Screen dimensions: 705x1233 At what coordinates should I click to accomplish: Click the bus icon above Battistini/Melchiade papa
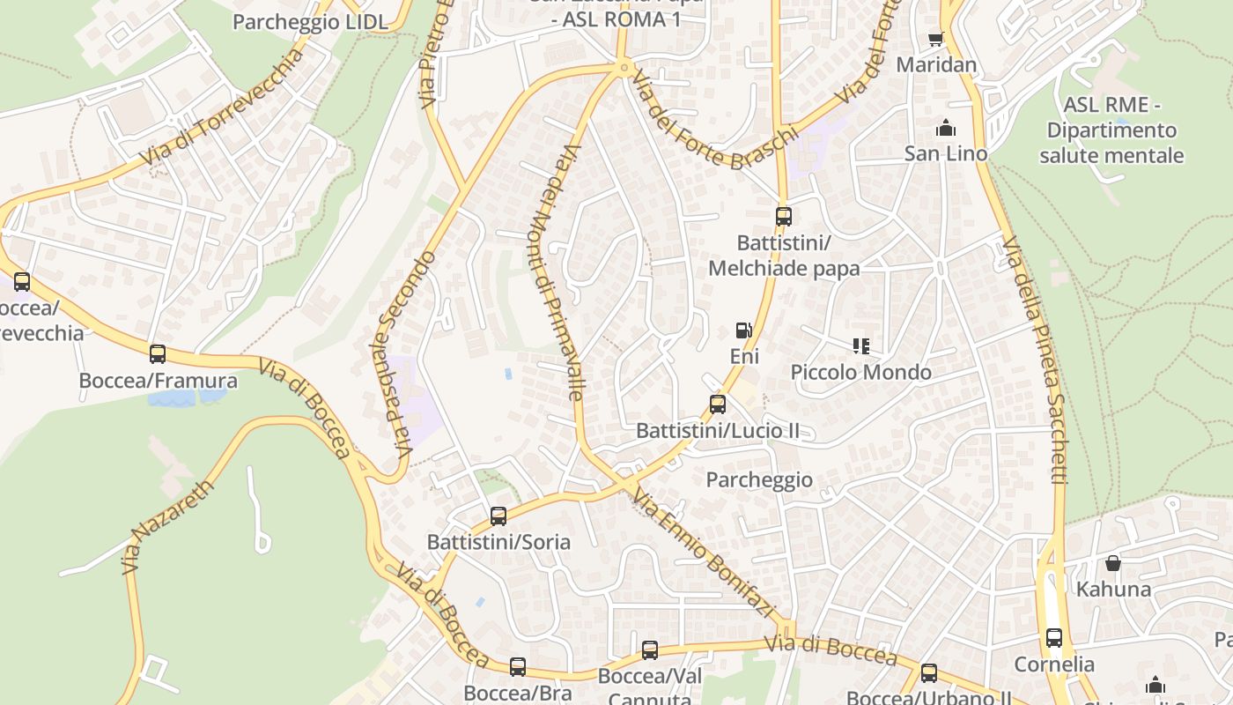[783, 216]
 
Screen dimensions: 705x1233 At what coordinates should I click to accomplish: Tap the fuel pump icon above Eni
[744, 330]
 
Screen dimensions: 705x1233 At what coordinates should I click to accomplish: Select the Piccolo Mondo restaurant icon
[860, 346]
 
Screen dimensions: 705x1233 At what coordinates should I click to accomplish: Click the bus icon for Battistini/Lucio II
[718, 404]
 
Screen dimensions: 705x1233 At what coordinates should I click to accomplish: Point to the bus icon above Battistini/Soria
[498, 516]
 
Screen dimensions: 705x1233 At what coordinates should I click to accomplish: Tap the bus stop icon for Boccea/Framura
[158, 354]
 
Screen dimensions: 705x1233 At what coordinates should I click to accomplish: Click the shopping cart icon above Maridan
[935, 39]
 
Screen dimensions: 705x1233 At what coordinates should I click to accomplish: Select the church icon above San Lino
[946, 129]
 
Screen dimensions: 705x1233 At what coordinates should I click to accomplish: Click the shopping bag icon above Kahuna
[1113, 563]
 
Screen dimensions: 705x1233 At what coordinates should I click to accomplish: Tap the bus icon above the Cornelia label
[1054, 638]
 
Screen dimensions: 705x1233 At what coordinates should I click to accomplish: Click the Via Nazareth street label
[169, 527]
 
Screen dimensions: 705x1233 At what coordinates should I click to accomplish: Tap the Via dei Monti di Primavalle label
[557, 272]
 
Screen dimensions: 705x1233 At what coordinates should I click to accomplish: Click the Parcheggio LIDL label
[310, 22]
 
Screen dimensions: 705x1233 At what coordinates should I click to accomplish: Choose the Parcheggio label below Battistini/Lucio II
[759, 480]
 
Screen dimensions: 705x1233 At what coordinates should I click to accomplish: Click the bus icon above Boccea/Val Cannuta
[650, 650]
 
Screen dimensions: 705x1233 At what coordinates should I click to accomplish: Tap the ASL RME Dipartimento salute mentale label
[1111, 130]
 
